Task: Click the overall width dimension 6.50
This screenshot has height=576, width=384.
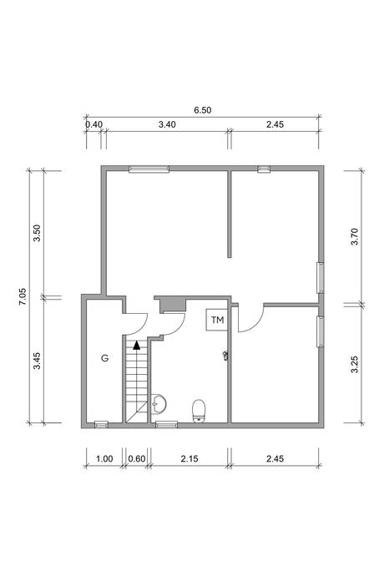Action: pyautogui.click(x=203, y=110)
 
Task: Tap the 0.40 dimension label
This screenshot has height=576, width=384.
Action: pyautogui.click(x=93, y=124)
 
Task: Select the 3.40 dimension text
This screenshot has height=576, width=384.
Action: pyautogui.click(x=167, y=124)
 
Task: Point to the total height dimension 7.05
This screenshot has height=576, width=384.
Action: pyautogui.click(x=23, y=296)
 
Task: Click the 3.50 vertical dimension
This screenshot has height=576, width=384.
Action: pyautogui.click(x=37, y=233)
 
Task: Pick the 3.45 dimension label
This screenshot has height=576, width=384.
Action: pyautogui.click(x=37, y=361)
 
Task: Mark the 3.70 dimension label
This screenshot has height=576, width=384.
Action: pyautogui.click(x=354, y=237)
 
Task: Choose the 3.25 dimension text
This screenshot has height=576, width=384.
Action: pyautogui.click(x=354, y=364)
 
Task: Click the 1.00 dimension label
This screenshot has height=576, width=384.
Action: pyautogui.click(x=104, y=458)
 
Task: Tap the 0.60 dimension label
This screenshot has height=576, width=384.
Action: pyautogui.click(x=137, y=458)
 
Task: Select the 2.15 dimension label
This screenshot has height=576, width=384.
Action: pyautogui.click(x=189, y=458)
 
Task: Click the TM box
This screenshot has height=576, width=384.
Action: pyautogui.click(x=217, y=320)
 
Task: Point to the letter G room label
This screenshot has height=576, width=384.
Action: pyautogui.click(x=104, y=358)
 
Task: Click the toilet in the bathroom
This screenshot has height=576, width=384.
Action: pyautogui.click(x=200, y=411)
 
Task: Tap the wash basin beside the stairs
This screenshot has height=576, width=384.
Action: pyautogui.click(x=159, y=404)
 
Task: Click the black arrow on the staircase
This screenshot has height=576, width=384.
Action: pyautogui.click(x=137, y=345)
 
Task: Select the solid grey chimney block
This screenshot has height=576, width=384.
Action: pyautogui.click(x=171, y=305)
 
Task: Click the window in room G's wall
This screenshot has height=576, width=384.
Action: pyautogui.click(x=101, y=424)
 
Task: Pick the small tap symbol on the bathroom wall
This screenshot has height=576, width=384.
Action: pyautogui.click(x=225, y=356)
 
